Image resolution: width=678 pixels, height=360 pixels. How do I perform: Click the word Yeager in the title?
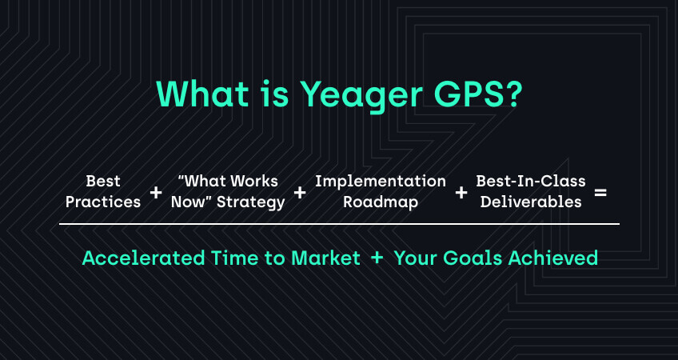pyautogui.click(x=360, y=95)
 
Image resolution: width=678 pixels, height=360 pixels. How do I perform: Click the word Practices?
pyautogui.click(x=103, y=202)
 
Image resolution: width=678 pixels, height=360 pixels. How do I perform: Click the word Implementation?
pyautogui.click(x=381, y=182)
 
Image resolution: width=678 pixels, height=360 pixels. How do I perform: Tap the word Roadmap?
pyautogui.click(x=381, y=202)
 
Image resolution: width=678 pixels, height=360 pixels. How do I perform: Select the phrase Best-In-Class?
pyautogui.click(x=531, y=182)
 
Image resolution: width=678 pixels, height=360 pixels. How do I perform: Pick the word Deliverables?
pyautogui.click(x=531, y=202)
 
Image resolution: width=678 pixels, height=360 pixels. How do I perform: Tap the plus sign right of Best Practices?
pyautogui.click(x=155, y=193)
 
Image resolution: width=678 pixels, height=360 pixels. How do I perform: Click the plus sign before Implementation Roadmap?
pyautogui.click(x=300, y=193)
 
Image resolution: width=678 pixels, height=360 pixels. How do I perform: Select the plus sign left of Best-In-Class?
pyautogui.click(x=461, y=193)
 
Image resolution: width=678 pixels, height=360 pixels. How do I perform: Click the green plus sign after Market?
pyautogui.click(x=377, y=258)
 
